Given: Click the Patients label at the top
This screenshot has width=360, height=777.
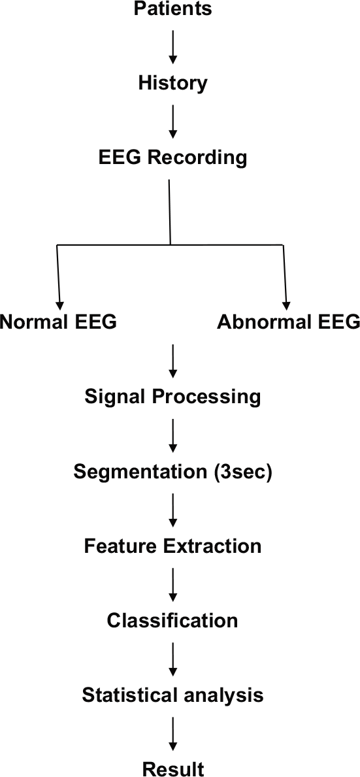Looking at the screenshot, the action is [173, 9].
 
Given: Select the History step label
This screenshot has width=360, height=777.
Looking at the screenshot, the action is [173, 84].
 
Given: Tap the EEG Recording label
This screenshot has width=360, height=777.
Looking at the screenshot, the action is [173, 158].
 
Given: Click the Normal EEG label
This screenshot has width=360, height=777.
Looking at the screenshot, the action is [58, 322].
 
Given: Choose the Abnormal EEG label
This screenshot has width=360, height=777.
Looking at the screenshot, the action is [289, 322].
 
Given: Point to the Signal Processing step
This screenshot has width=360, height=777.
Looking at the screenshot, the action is [173, 397].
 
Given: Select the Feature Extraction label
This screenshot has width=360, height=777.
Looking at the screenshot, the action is [173, 546].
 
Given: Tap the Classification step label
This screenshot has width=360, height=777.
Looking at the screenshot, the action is [173, 620].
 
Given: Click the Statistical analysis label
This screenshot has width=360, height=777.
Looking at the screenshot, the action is [173, 695].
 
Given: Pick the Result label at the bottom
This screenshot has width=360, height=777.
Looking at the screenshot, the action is [173, 769].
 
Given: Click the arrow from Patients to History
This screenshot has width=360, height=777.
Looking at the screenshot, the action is [173, 46].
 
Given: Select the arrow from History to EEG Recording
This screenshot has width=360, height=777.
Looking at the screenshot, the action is [173, 121].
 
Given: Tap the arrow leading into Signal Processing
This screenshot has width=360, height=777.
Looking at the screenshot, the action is [173, 360].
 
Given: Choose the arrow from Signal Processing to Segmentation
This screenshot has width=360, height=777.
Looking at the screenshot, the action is [173, 435].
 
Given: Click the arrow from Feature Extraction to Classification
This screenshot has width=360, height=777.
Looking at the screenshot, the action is [173, 584].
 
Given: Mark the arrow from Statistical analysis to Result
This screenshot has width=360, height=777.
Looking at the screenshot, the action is [173, 732].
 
